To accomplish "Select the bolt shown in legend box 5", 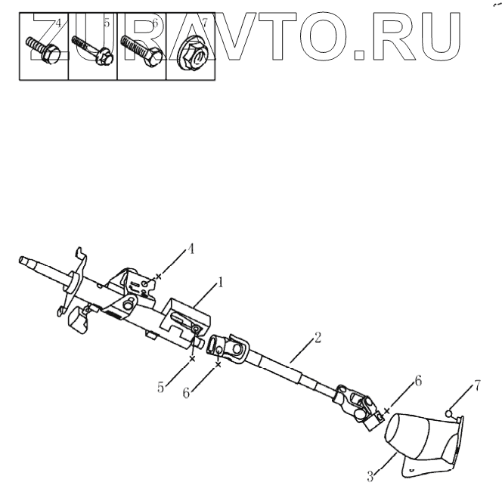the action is point(91,49).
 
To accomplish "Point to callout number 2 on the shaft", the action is point(318,336).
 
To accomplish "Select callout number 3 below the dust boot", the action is point(371,476).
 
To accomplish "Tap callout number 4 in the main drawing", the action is point(191,248).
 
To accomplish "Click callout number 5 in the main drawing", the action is point(161,388).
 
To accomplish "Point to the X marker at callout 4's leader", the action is point(158,277).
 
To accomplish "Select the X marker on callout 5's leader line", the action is point(192,360).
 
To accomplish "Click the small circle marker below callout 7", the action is point(448,413).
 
